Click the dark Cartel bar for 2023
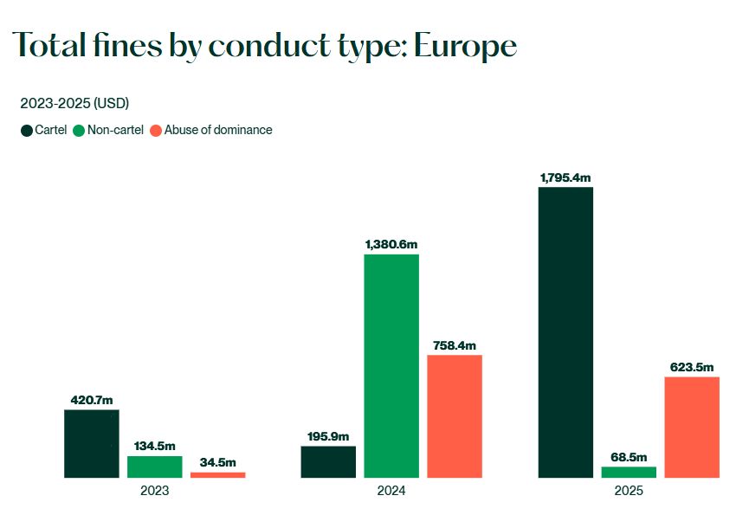click(91, 443)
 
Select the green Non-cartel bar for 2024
click(391, 365)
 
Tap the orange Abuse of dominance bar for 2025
click(692, 427)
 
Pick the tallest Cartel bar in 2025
click(565, 332)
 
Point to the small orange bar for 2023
click(217, 474)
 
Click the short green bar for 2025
click(629, 472)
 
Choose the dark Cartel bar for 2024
click(328, 461)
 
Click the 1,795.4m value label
click(565, 177)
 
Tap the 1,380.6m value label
click(391, 245)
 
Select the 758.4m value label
click(455, 345)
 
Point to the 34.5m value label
click(217, 463)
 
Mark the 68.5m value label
click(629, 457)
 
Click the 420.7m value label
click(91, 400)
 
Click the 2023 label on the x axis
click(154, 490)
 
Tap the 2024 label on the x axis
click(391, 490)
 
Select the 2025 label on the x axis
click(629, 490)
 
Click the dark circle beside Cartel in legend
click(26, 131)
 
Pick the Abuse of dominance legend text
click(218, 131)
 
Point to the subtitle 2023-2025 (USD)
click(74, 104)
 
